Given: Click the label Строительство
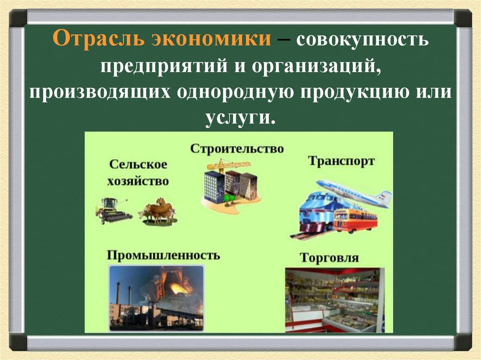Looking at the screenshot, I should (237, 149).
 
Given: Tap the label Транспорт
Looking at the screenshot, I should (341, 161).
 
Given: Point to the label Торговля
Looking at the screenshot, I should (329, 258).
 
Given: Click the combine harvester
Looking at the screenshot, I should (112, 211).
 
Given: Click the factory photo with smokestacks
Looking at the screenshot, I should (156, 298).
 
